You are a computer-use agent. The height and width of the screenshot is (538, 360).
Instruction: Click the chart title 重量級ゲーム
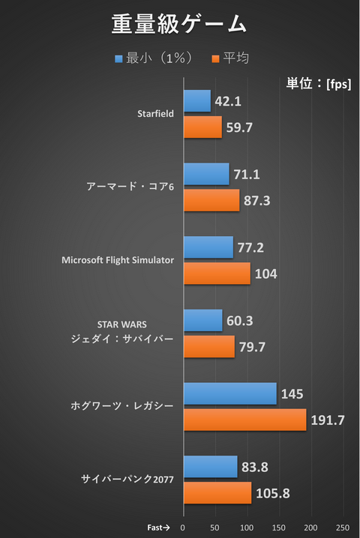(179, 24)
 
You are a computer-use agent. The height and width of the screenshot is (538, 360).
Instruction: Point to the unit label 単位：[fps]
(319, 84)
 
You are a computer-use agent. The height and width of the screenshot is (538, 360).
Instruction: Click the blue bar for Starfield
(197, 101)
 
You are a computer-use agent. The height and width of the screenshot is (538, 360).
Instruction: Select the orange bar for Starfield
(202, 127)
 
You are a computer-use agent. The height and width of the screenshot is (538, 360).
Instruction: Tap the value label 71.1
(247, 175)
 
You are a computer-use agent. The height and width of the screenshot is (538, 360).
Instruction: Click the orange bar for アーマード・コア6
(211, 200)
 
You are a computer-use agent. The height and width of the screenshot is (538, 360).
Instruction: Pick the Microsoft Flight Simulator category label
(118, 260)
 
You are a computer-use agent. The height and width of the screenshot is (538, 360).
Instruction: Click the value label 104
(265, 274)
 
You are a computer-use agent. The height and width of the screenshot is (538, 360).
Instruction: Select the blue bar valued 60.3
(203, 321)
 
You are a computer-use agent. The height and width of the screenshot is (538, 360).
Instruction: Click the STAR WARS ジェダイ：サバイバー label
(121, 331)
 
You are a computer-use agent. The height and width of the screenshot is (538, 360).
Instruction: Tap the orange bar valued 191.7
(244, 420)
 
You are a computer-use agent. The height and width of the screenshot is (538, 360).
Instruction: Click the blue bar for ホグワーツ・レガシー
(229, 393)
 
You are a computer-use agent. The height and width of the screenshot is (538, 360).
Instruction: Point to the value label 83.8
(255, 467)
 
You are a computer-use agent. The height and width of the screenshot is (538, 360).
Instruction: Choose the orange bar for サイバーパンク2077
(217, 492)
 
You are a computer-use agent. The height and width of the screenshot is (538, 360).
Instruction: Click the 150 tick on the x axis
(279, 527)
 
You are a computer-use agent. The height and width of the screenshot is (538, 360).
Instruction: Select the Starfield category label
(155, 114)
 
